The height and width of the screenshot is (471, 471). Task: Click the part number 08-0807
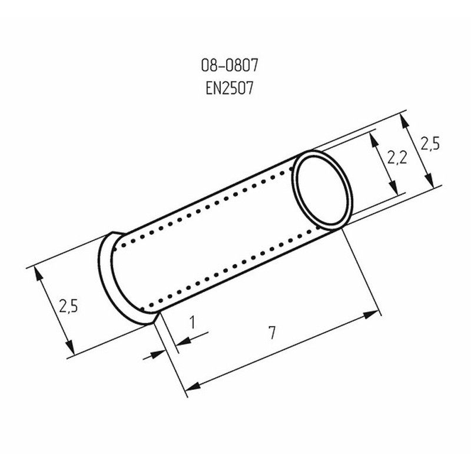click(230, 65)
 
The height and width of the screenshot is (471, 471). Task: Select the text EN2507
click(230, 89)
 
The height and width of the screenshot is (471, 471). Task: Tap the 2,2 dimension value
click(397, 157)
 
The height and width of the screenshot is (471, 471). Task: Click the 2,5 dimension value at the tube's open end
click(430, 143)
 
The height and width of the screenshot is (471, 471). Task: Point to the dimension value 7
click(272, 333)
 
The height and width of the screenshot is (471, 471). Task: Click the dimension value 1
click(193, 322)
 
